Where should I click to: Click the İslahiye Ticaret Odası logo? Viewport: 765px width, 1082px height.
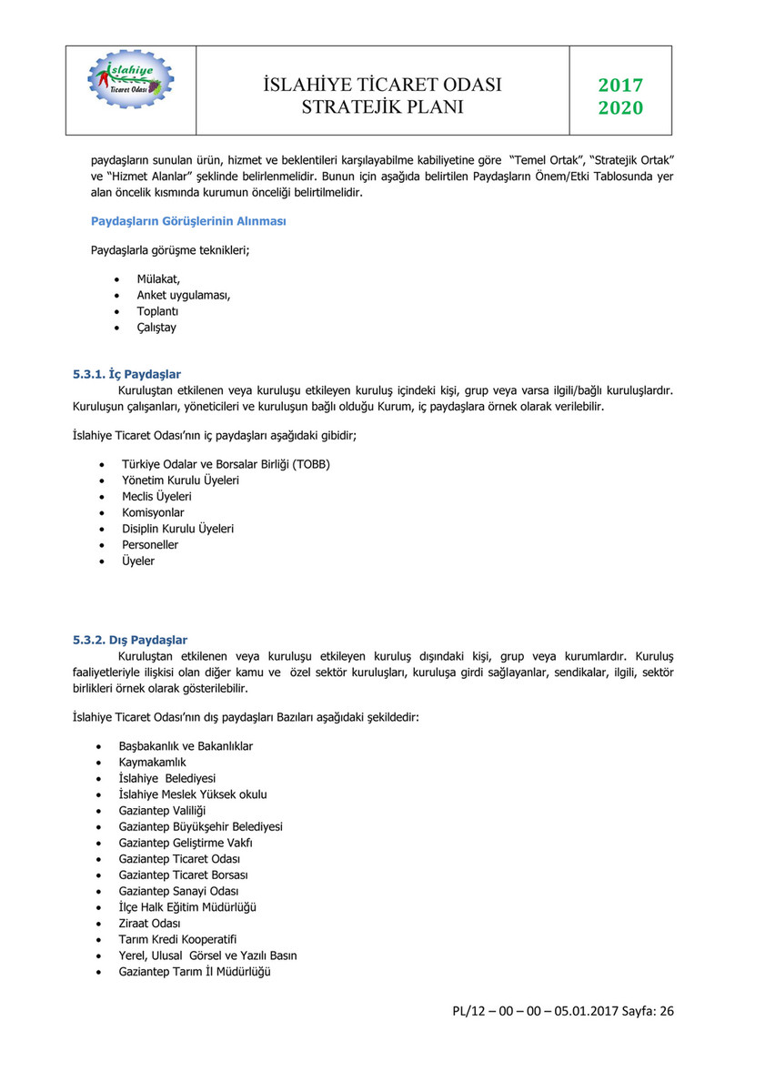[x=131, y=78]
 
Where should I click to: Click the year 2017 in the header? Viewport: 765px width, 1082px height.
[x=620, y=86]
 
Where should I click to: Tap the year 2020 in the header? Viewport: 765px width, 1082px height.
[x=620, y=108]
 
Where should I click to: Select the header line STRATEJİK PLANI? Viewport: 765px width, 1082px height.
[x=382, y=107]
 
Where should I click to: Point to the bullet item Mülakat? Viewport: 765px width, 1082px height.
[x=158, y=278]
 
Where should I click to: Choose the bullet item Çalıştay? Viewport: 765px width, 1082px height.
[x=156, y=327]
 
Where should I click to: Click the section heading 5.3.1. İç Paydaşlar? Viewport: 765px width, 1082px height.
[x=126, y=374]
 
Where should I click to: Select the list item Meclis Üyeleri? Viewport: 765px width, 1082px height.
[x=156, y=496]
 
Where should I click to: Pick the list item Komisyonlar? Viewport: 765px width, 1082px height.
[x=153, y=512]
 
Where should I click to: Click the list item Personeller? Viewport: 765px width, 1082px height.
[x=150, y=544]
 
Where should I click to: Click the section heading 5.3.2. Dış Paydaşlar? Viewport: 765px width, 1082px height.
[x=130, y=640]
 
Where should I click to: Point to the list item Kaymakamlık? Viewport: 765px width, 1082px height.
[x=152, y=762]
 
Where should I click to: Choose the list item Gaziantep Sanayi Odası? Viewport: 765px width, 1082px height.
[x=178, y=891]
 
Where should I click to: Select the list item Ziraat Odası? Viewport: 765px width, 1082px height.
[x=149, y=923]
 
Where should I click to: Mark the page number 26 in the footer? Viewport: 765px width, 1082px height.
[x=667, y=1011]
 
